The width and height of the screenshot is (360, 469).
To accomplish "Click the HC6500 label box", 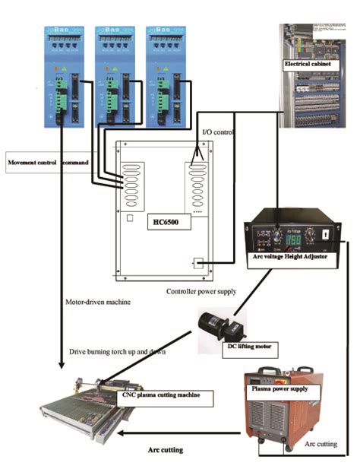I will tap(173, 221).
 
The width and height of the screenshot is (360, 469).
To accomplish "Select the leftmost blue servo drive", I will tap(64, 77).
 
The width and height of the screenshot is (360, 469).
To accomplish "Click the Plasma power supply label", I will tap(280, 388).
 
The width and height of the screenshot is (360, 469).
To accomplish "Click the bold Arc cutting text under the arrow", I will tap(166, 450).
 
